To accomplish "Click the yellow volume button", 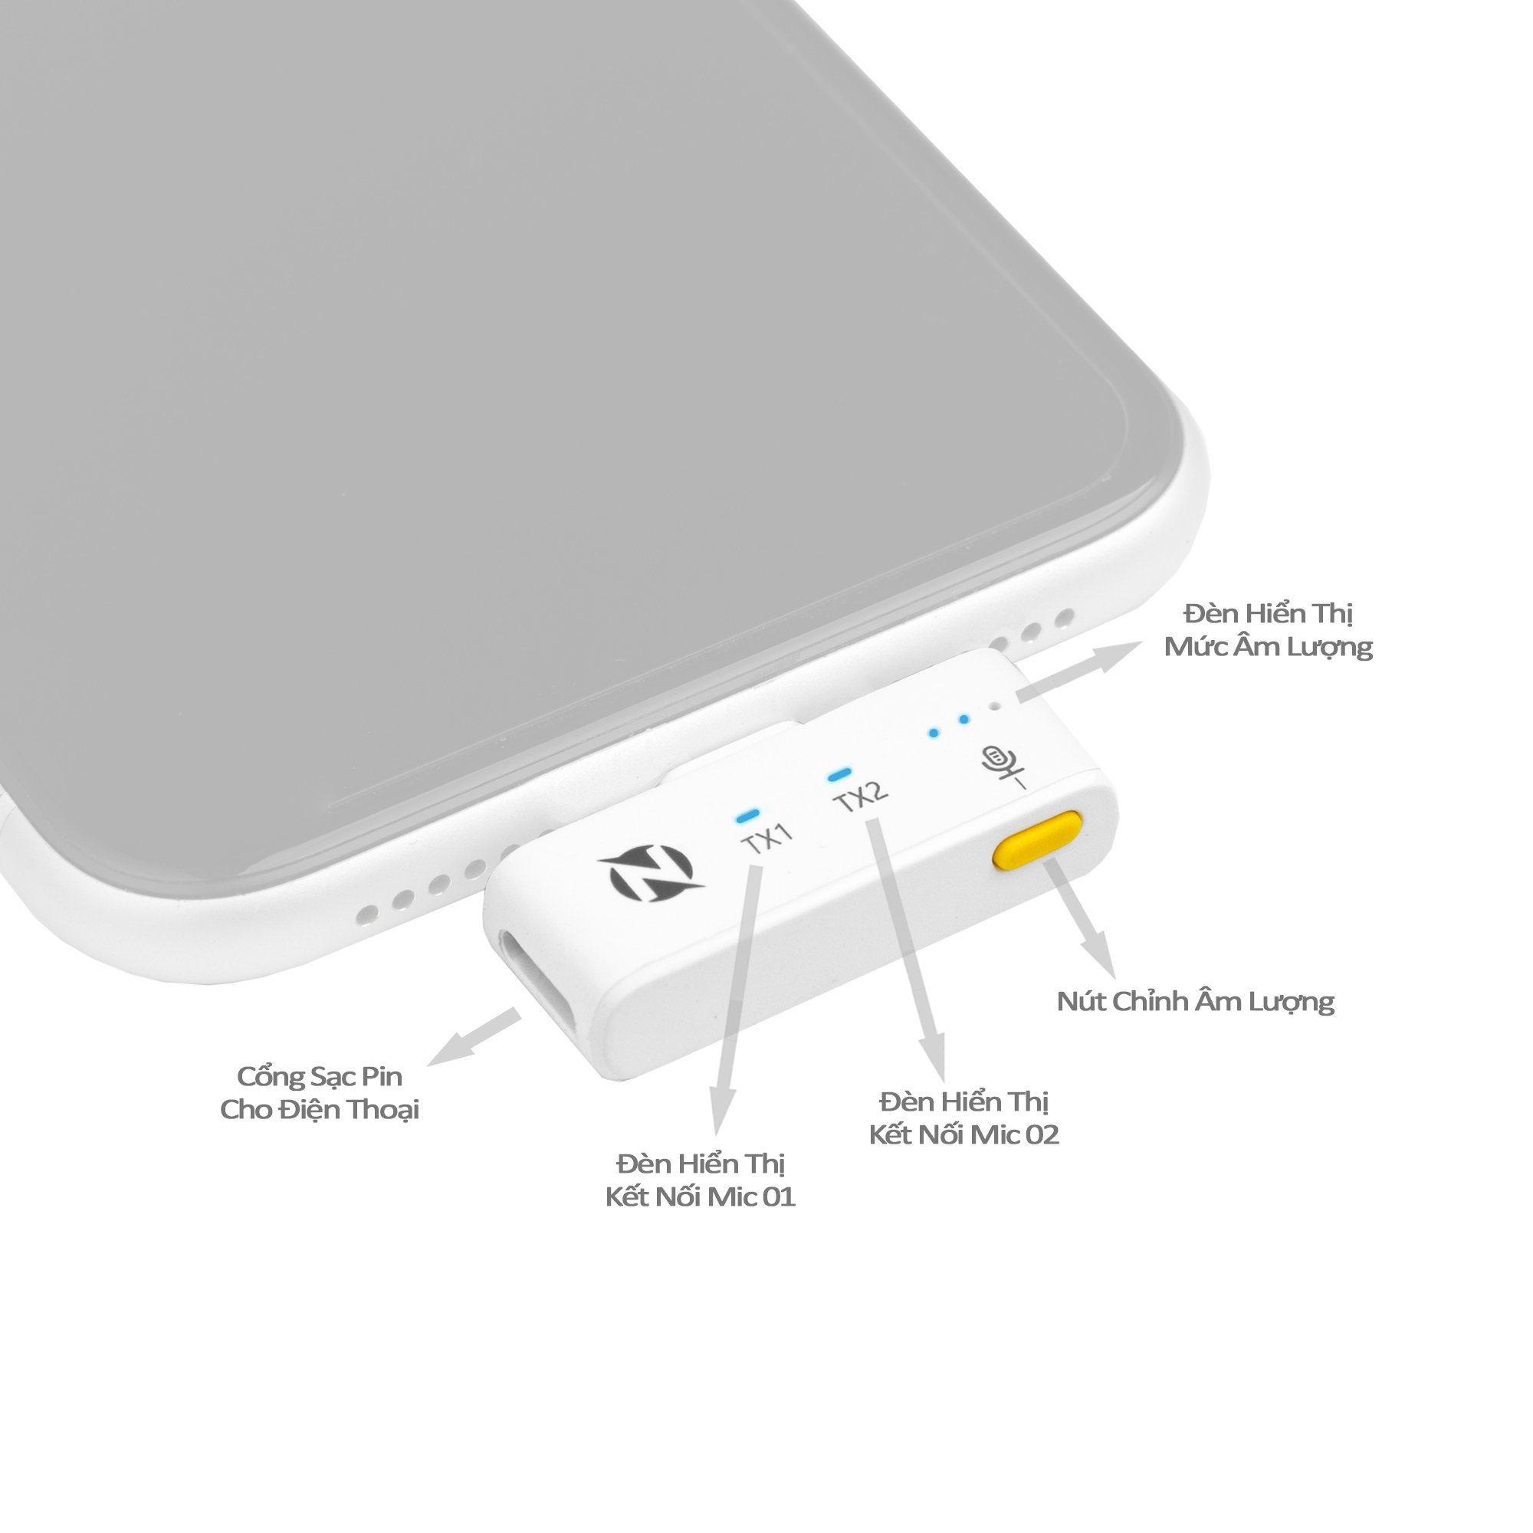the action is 1038,839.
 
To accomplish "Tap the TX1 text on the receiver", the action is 767,838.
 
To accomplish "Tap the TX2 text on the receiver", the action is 862,796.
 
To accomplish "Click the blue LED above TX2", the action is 839,772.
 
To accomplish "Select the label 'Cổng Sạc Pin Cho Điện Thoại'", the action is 320,1092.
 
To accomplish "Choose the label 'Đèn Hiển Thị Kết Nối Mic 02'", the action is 964,1118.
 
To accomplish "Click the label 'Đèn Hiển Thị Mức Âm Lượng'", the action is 1268,629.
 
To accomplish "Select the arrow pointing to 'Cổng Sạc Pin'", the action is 474,1036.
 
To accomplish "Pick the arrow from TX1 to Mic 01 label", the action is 738,1000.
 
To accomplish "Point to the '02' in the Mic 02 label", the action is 1042,1134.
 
